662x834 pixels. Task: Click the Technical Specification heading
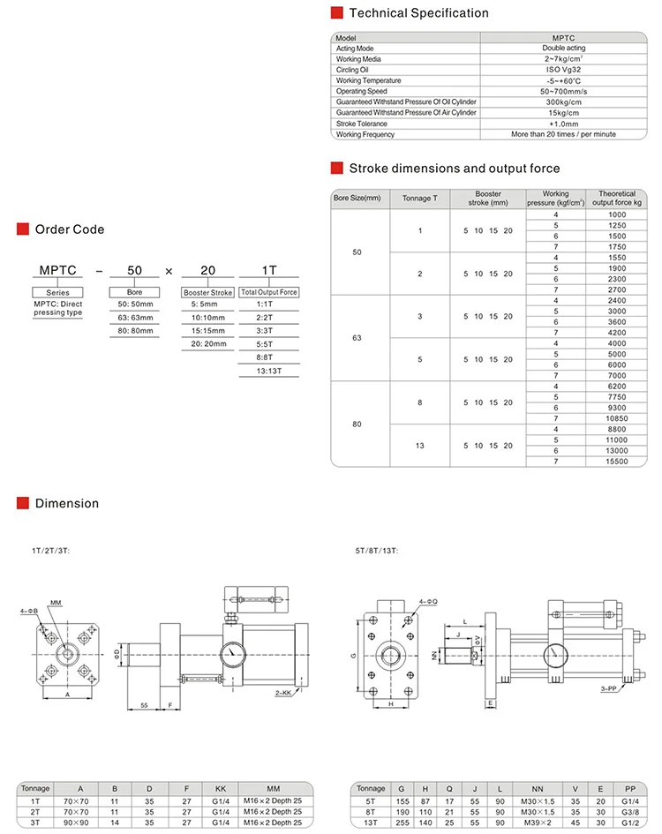[418, 13]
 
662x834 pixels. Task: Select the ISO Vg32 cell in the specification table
[568, 70]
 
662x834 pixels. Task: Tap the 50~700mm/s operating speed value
[568, 92]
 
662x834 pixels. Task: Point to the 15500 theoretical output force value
[617, 461]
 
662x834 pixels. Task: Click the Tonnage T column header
[419, 199]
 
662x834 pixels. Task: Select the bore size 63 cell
[357, 338]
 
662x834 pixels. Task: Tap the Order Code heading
[69, 229]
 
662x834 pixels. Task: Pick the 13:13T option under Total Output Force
[268, 372]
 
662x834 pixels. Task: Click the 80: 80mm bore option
[135, 330]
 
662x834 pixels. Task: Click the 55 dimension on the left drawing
[143, 705]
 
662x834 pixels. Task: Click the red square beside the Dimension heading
[24, 504]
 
